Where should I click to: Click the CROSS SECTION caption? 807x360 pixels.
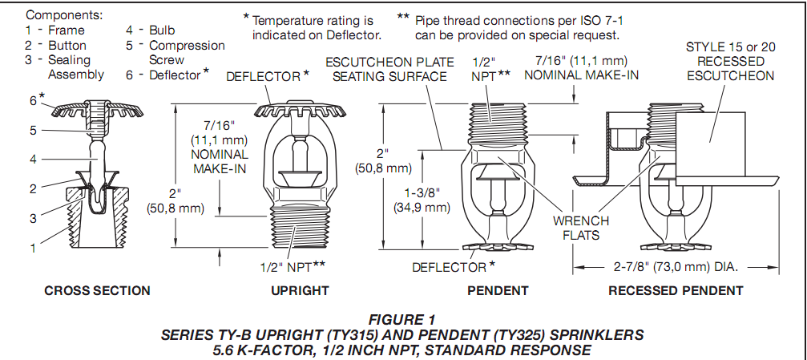pyautogui.click(x=97, y=290)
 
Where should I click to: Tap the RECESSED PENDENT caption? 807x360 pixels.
pyautogui.click(x=676, y=290)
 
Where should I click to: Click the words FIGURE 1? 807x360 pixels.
pyautogui.click(x=403, y=318)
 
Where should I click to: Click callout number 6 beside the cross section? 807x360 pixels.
pyautogui.click(x=33, y=100)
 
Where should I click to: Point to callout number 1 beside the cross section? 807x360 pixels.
pyautogui.click(x=33, y=249)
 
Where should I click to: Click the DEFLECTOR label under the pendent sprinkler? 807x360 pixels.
pyautogui.click(x=451, y=266)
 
